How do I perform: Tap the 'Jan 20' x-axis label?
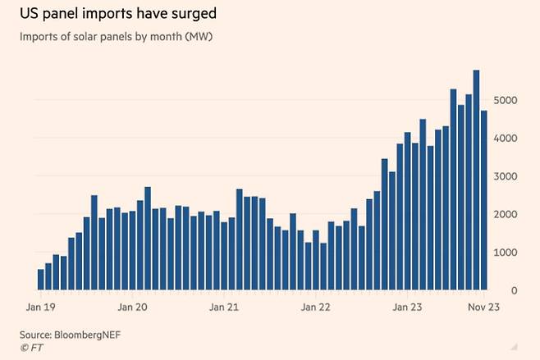[133, 308]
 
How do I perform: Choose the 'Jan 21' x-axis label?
[225, 308]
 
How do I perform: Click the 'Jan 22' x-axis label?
[316, 308]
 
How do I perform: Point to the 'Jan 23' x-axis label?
[409, 308]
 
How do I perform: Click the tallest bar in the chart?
[476, 180]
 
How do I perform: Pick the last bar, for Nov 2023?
[484, 201]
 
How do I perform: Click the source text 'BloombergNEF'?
[88, 334]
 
